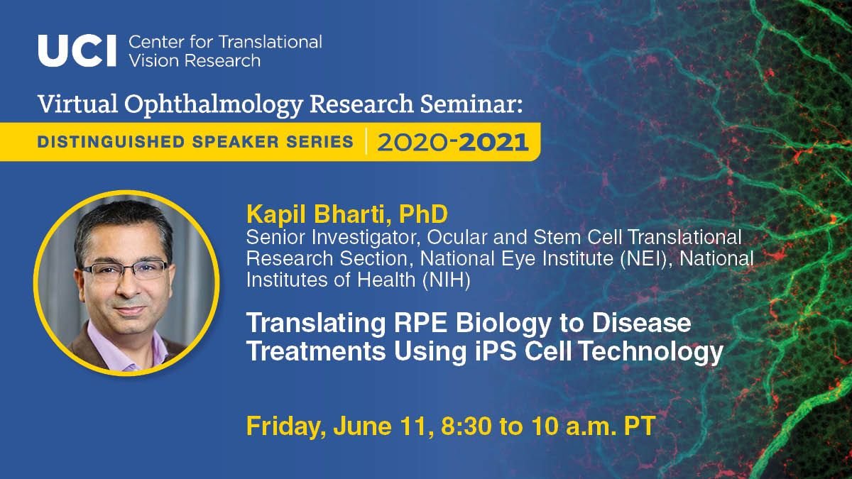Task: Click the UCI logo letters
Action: tap(77, 50)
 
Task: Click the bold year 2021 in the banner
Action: tap(494, 142)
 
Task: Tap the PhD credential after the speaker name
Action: tap(398, 214)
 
